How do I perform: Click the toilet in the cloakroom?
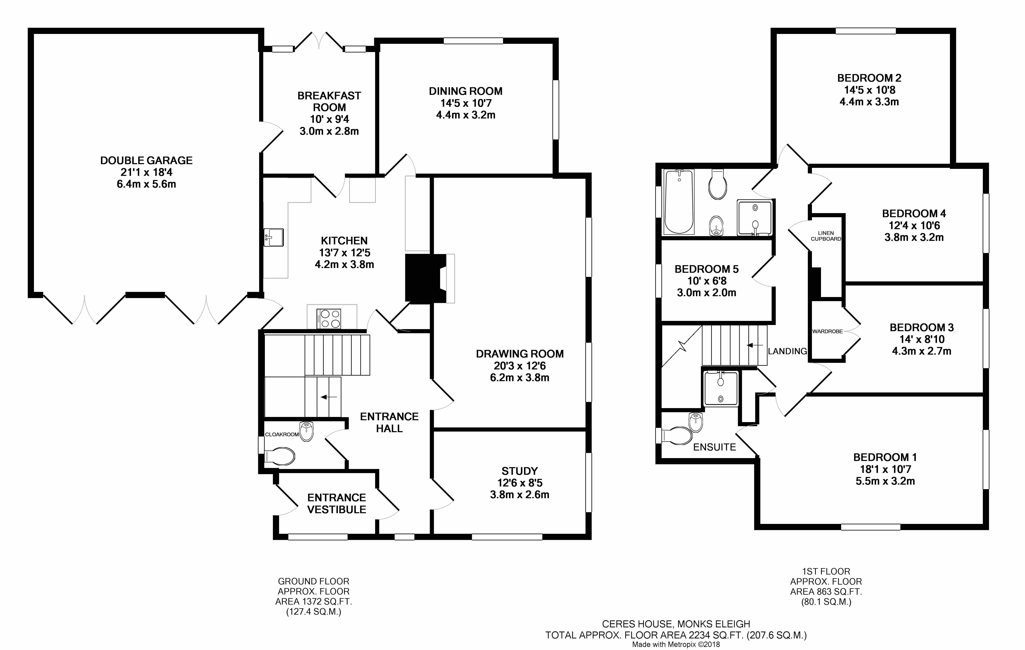[x=280, y=456]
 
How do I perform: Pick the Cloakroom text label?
[x=282, y=434]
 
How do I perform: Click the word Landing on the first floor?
[x=787, y=351]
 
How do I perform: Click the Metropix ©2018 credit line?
[x=676, y=644]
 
